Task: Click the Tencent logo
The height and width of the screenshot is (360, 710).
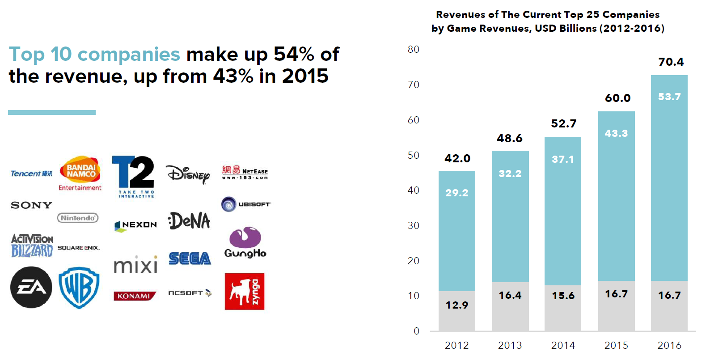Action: click(31, 174)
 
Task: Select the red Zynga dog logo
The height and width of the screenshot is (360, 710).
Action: click(245, 291)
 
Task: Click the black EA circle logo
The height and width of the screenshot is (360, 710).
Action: click(31, 287)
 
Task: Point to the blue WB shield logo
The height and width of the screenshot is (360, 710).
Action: click(79, 288)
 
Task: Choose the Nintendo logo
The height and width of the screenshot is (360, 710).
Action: click(78, 218)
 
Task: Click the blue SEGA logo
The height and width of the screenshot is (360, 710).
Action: click(190, 258)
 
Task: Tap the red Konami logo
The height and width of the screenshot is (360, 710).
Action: click(135, 296)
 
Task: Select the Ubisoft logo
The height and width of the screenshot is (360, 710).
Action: click(246, 204)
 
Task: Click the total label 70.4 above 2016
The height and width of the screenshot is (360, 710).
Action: click(671, 62)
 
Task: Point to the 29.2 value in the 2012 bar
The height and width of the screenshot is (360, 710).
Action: click(456, 193)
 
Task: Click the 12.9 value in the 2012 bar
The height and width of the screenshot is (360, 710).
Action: click(456, 305)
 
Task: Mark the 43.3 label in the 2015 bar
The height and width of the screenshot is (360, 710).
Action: click(616, 133)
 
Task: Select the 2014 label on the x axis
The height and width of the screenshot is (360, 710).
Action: click(563, 345)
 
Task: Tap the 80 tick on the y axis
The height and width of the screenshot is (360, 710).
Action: click(414, 49)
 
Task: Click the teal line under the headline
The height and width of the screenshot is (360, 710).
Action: click(52, 112)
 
